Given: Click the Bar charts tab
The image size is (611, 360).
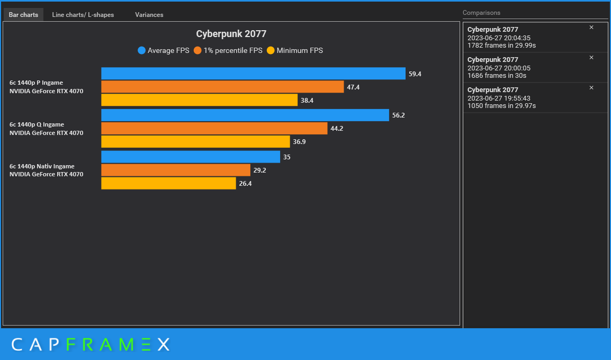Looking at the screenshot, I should coord(23,15).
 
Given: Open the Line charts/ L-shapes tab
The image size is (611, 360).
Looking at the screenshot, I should coord(83,15).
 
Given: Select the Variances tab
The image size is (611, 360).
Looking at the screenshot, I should coord(149,15).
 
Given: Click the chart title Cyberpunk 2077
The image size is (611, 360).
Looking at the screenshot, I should coord(231,34).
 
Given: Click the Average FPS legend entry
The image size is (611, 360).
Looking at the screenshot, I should coord(163,51).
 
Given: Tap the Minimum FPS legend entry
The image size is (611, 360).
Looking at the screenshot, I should coord(294,51).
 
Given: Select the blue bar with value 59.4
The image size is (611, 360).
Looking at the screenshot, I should coord(253,74).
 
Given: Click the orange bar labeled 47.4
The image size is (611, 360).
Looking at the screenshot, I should coord(222,87).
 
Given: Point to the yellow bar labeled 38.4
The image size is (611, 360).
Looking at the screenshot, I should coord(199,100).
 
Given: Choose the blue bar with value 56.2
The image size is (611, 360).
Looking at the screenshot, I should coord(245,115).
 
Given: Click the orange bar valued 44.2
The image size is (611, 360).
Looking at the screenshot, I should coord(214,128).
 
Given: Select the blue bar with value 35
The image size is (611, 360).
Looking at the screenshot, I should coord(191,157).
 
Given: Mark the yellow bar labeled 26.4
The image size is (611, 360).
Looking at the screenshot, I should coord(168,183).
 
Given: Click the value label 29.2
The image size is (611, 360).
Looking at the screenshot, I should coord(259,170).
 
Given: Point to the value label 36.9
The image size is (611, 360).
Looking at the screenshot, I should coord(299,142).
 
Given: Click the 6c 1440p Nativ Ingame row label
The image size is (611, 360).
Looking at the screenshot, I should coord(42,166).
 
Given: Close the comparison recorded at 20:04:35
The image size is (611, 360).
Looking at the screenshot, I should coord(591,28).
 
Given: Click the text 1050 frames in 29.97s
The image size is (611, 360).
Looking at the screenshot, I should coord(501,106).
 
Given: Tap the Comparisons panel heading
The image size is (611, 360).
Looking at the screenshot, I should coord(481,13).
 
